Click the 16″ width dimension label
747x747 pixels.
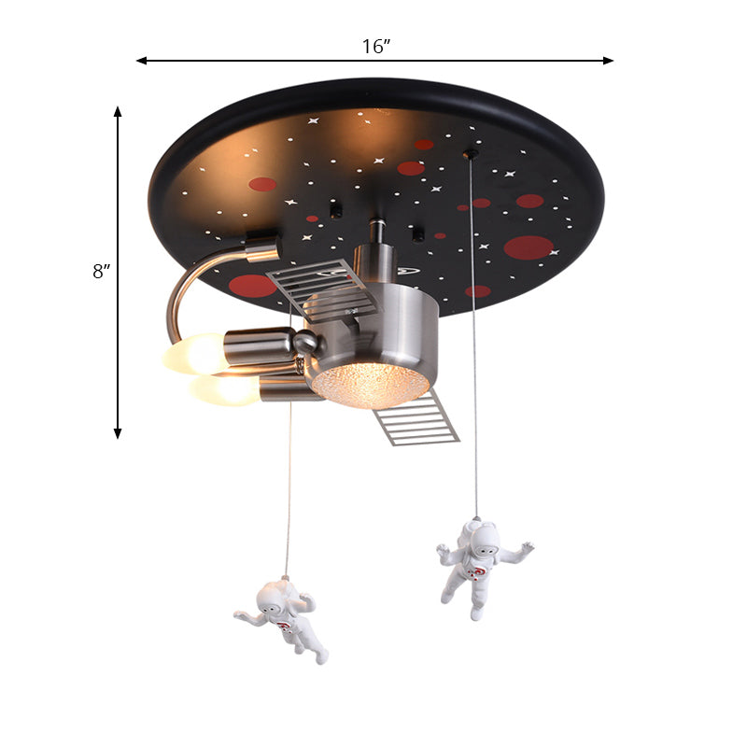[x=376, y=47]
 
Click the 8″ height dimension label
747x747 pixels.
[x=101, y=272]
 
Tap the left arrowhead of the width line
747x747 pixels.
[x=142, y=61]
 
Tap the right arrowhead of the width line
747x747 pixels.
[x=609, y=61]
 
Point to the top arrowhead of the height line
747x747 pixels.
[x=118, y=111]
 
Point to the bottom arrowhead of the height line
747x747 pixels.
[x=118, y=433]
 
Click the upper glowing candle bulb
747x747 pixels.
[x=194, y=353]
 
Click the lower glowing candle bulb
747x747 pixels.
[x=225, y=389]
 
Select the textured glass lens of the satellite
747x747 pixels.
[x=370, y=385]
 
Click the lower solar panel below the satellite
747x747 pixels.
[x=416, y=418]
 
